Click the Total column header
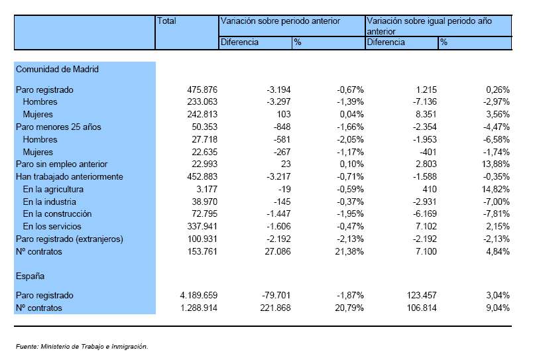166,21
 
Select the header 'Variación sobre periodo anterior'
280,21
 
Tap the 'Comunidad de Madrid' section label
57,70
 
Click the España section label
30,276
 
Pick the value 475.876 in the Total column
202,90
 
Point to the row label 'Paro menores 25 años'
58,127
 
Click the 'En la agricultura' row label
53,190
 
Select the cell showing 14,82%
496,190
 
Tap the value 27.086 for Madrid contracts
278,252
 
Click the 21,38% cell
349,252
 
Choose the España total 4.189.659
199,296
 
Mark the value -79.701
276,296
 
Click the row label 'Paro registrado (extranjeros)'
70,239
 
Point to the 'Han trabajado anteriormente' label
70,177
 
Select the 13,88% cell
496,164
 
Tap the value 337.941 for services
202,227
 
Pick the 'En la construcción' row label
57,214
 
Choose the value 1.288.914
199,308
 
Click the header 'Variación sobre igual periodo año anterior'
429,27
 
